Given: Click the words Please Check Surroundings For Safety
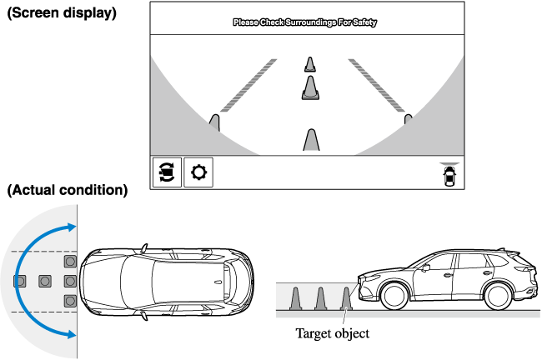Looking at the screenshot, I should (x=304, y=23).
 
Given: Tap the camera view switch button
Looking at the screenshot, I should (x=166, y=172).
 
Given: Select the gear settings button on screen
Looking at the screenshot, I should (x=198, y=172).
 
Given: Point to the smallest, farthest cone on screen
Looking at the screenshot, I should (x=309, y=64).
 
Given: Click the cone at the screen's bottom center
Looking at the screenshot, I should (x=311, y=140).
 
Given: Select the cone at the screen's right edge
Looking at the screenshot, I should (x=408, y=120).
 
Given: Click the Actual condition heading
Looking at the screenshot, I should (x=68, y=190).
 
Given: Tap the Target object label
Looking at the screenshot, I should (x=332, y=333).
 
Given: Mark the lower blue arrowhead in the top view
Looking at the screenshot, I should (x=73, y=334).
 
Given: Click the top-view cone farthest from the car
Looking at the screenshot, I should (x=19, y=281).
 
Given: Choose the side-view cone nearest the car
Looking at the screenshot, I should (x=347, y=298).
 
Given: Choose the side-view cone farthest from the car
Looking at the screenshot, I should (x=294, y=298).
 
